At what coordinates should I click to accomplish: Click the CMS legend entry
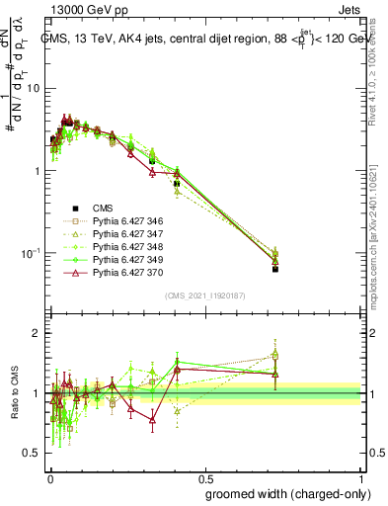click(x=103, y=208)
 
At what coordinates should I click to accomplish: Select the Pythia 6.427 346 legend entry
click(x=127, y=220)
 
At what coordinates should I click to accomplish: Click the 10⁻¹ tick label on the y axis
click(x=33, y=254)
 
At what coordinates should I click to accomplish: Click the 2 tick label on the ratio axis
click(x=39, y=333)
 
